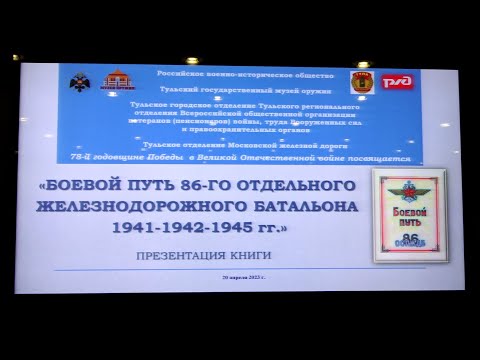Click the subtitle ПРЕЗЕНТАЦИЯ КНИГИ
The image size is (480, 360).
pos(191,254)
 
